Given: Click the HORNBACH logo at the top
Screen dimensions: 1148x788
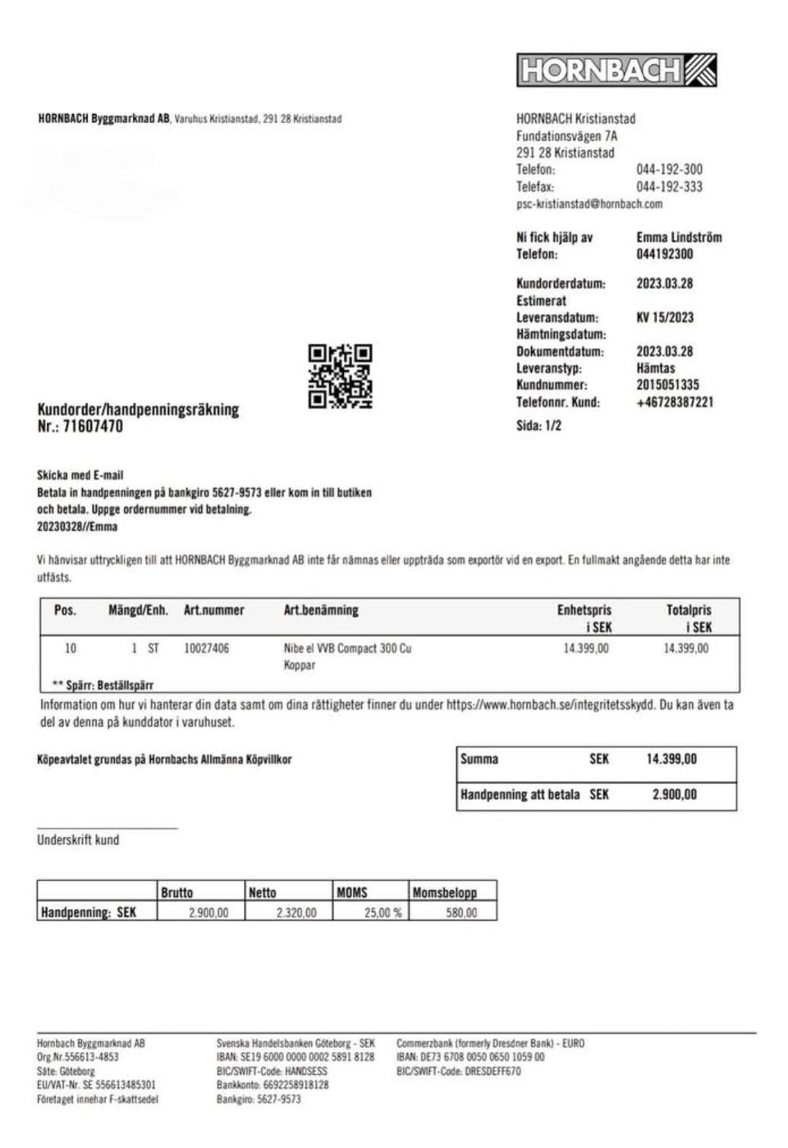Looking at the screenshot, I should [616, 71].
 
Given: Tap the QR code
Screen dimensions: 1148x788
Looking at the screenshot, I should [340, 377].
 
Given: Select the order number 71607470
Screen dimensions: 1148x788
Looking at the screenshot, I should [93, 427].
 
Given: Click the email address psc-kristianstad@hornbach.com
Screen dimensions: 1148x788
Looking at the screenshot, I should [589, 204].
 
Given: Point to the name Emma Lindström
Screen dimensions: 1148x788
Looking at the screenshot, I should [679, 237].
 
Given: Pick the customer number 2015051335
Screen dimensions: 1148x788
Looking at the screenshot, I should [667, 385].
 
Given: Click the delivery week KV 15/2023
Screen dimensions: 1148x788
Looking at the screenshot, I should [664, 318].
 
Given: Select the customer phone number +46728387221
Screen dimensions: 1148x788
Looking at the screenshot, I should [674, 402].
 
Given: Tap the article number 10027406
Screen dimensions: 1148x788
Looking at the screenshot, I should [206, 648].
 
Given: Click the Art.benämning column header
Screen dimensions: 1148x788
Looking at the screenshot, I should [321, 611].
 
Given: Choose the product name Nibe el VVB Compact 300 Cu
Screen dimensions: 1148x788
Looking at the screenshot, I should [347, 648].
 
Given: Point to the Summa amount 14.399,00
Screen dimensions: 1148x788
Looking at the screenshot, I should [671, 759].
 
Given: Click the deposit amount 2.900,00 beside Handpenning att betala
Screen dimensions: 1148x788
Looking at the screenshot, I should [674, 794].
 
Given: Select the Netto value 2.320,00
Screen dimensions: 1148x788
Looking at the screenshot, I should [295, 912].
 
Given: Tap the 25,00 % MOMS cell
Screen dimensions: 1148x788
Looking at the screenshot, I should [383, 912].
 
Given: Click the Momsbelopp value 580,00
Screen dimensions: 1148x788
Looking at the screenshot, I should [460, 912].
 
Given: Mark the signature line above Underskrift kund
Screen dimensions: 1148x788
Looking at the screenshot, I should [107, 828].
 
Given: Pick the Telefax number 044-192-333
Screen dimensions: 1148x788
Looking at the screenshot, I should [669, 187].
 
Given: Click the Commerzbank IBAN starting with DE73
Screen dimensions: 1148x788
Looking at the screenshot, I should [470, 1057].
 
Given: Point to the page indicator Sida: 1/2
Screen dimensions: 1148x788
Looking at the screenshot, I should [538, 426].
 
